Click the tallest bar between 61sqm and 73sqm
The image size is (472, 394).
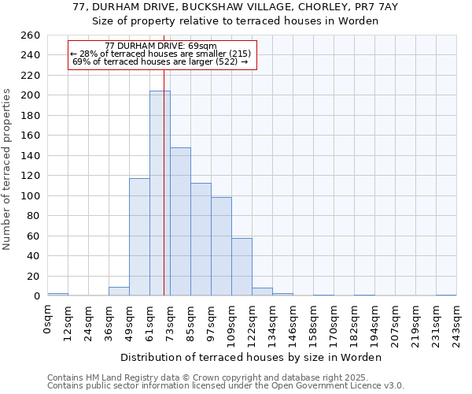(x=160, y=193)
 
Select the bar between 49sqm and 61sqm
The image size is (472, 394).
(x=139, y=236)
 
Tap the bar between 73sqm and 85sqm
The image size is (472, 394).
(x=180, y=221)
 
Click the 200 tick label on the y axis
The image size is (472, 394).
(x=30, y=95)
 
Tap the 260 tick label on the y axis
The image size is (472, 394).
(x=30, y=35)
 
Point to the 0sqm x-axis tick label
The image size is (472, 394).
(x=47, y=318)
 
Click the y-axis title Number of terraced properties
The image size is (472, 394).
(x=8, y=169)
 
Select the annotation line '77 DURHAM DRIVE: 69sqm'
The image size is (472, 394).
(x=160, y=46)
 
